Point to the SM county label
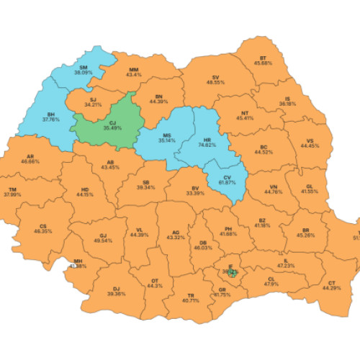click(84, 66)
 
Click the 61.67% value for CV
click(228, 183)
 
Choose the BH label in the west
click(51, 114)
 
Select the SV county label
click(215, 76)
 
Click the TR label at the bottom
click(192, 295)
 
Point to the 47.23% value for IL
click(286, 266)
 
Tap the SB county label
click(146, 183)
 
